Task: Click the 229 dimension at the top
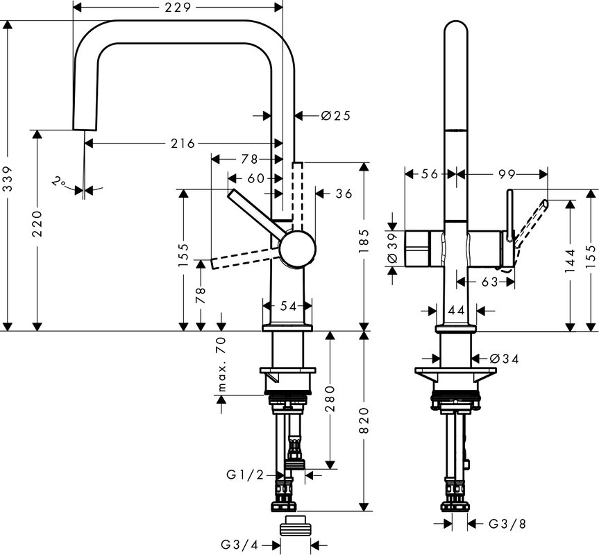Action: [178, 7]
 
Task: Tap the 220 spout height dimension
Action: [37, 223]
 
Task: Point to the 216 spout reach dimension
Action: [183, 144]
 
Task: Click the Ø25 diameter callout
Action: [336, 115]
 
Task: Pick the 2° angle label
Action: [58, 182]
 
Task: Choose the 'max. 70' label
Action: [221, 364]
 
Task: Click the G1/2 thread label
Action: [245, 475]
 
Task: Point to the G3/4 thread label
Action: [240, 544]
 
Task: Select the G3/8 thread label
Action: [507, 524]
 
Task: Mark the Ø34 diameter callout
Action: [505, 359]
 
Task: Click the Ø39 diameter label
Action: [393, 248]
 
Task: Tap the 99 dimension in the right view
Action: [507, 174]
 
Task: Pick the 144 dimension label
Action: [570, 261]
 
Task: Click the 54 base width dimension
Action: [289, 306]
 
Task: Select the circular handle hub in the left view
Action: [298, 249]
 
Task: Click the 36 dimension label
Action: [344, 194]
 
